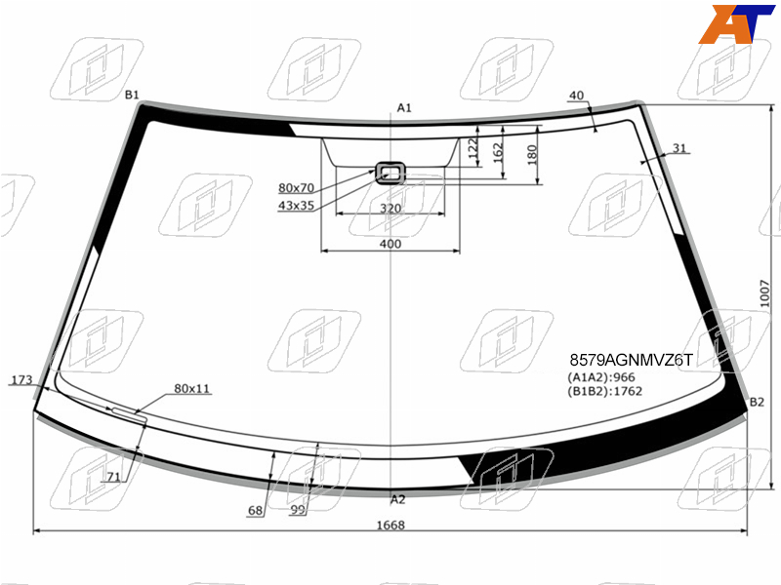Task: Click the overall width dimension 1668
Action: [x=390, y=526]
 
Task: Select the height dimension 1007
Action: [x=764, y=293]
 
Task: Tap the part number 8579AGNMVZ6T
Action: [x=631, y=360]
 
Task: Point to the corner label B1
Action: [x=132, y=95]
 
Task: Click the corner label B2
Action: [x=757, y=402]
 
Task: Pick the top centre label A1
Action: [x=404, y=108]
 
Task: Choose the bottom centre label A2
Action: [x=398, y=499]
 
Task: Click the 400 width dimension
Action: [x=390, y=244]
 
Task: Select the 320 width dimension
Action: [x=390, y=209]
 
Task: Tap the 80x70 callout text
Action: [x=297, y=188]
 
